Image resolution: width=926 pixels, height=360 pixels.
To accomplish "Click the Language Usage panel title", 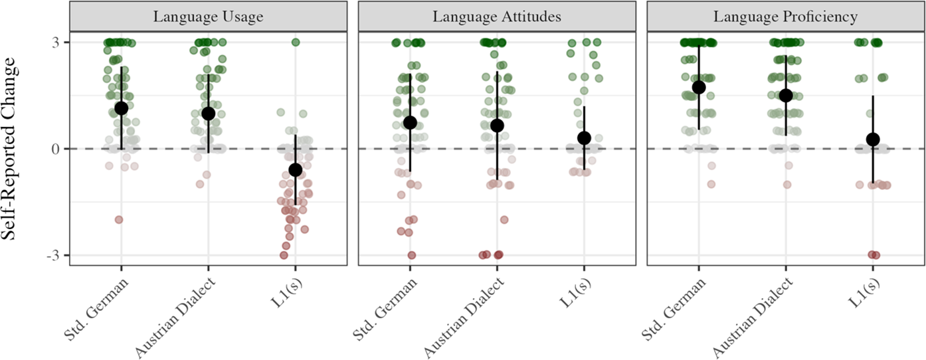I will coord(208,17).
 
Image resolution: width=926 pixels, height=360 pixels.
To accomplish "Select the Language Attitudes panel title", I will coord(497,17).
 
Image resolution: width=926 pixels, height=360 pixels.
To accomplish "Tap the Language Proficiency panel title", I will coord(785,17).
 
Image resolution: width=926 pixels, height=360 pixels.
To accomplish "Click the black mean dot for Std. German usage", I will coord(121,108).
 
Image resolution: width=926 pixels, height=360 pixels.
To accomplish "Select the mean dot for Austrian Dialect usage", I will coord(208,114).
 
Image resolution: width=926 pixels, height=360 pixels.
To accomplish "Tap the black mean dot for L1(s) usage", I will coord(295,170).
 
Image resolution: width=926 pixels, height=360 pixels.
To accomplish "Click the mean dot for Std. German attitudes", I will coord(410,123).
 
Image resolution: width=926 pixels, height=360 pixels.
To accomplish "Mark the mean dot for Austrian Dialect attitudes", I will coord(497,126).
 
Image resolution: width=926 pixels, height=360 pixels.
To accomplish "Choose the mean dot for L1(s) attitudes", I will coord(584,138).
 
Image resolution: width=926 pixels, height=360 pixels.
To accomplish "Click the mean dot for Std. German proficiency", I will coord(699,88).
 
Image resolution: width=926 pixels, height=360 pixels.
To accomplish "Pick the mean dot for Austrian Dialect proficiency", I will coord(786,96).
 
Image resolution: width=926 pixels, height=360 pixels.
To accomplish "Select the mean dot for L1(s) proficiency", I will coord(873,139).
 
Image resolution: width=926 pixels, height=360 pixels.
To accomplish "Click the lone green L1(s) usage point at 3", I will coord(296,43).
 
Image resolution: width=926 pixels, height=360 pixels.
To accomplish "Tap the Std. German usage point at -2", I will coord(119,220).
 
